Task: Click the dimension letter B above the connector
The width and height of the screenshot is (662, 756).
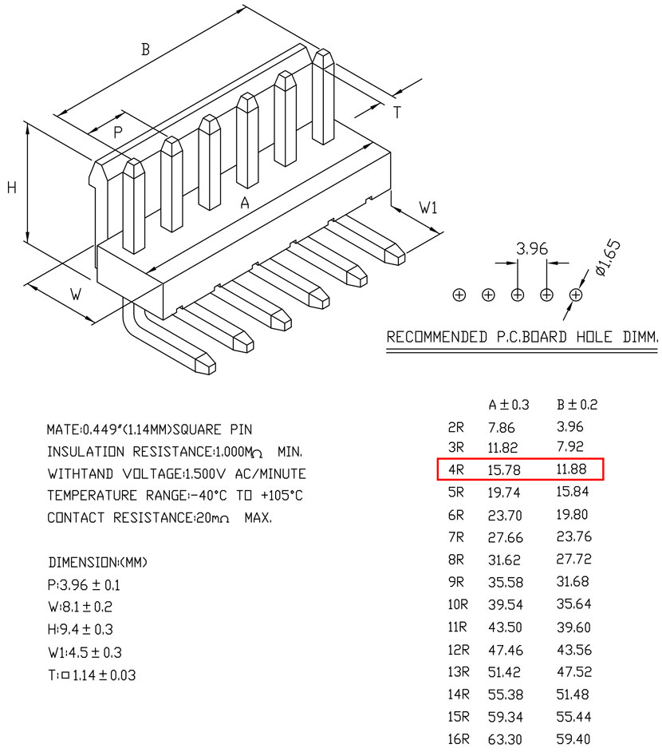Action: (x=145, y=49)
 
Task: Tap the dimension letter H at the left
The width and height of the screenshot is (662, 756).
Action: (x=12, y=187)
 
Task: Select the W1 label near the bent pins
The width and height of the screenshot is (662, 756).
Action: (x=428, y=208)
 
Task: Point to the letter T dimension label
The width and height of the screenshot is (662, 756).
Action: (x=397, y=113)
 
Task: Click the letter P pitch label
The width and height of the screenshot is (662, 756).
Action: (x=117, y=132)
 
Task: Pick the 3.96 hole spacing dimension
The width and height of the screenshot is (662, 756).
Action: (x=532, y=249)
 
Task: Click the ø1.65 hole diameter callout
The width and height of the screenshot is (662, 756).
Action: (x=608, y=258)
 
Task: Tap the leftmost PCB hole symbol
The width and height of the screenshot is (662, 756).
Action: (x=459, y=295)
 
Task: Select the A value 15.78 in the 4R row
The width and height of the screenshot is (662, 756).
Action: (x=504, y=469)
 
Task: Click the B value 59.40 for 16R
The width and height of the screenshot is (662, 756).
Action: (x=573, y=738)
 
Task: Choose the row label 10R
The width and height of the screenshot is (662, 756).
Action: (x=458, y=604)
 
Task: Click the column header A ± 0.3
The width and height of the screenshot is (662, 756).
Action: (x=509, y=405)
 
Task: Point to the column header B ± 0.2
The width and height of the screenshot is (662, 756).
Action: (x=577, y=405)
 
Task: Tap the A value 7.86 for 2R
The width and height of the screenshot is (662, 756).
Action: (x=501, y=428)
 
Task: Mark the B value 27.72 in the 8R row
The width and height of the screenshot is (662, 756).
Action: (x=573, y=559)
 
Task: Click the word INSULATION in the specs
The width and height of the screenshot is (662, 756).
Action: (x=86, y=452)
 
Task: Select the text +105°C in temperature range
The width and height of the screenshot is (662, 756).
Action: (x=282, y=496)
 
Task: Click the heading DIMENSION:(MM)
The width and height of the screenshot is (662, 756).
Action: (x=98, y=562)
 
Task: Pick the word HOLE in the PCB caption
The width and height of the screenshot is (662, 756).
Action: (x=594, y=337)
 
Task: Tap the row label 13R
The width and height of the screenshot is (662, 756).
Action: (x=458, y=671)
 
